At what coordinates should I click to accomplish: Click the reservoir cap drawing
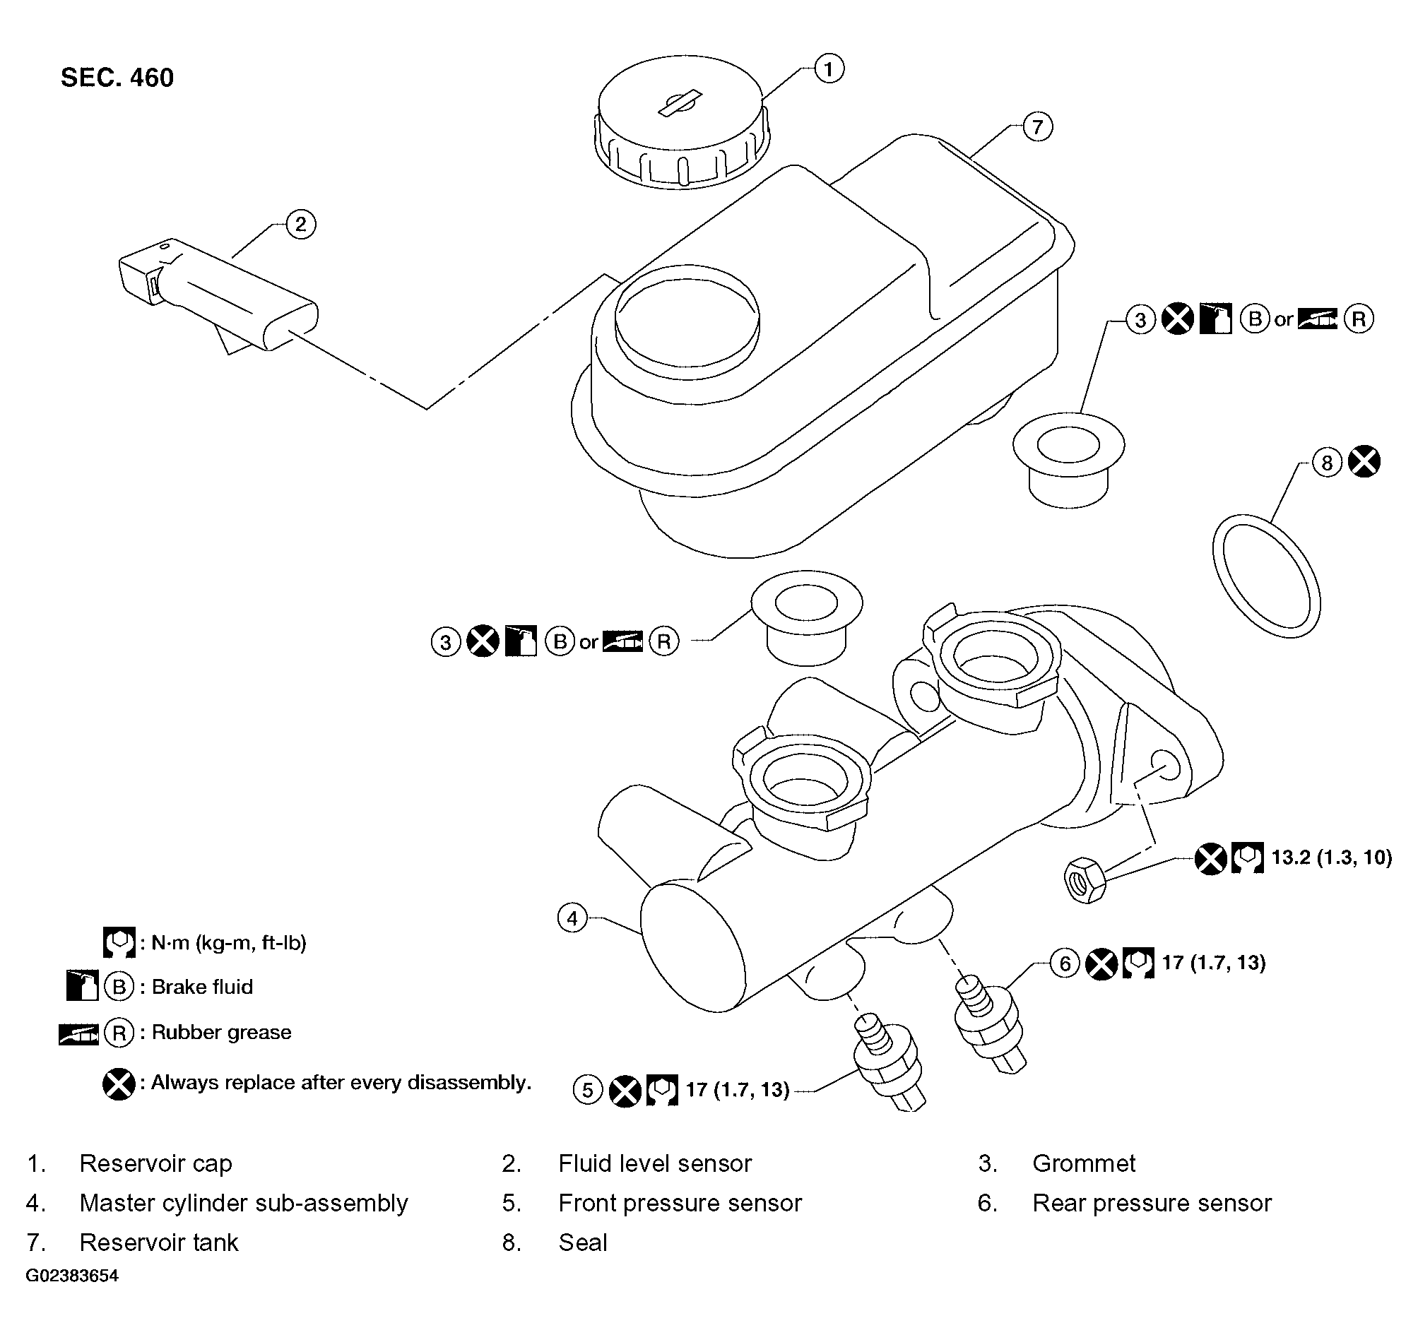pos(683,121)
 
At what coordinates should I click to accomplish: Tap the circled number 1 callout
pos(828,69)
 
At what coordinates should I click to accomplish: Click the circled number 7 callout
pos(1037,127)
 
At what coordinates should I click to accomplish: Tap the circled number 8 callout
pos(1327,463)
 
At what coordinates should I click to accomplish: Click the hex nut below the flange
pos(1085,882)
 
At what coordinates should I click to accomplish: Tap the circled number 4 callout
pos(572,918)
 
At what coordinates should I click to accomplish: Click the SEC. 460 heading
pos(117,78)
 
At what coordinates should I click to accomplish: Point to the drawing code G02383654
pos(72,1276)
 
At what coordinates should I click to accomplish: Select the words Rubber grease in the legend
pos(221,1032)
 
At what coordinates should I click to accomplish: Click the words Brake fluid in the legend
pos(203,987)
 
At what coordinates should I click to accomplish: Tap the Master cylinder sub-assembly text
pos(243,1203)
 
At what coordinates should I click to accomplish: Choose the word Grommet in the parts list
pos(1084,1163)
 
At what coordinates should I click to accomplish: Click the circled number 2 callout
pos(300,225)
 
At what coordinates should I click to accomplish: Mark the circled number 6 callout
pos(1065,964)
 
